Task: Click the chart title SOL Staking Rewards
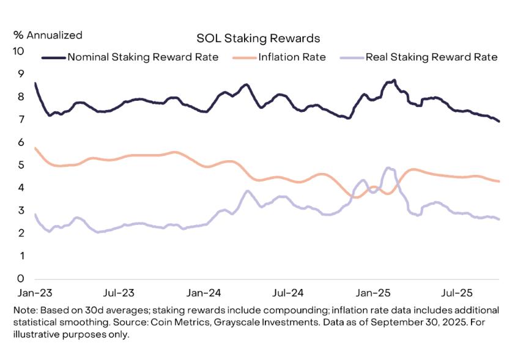[x=258, y=39]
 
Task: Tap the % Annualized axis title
[x=48, y=35]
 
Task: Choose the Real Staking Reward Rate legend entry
[x=431, y=57]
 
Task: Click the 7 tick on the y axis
[x=21, y=120]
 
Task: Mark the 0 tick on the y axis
[x=21, y=279]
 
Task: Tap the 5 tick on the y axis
[x=21, y=165]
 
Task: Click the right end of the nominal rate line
[x=499, y=122]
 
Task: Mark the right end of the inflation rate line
[x=499, y=181]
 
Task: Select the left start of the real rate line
[x=35, y=215]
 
